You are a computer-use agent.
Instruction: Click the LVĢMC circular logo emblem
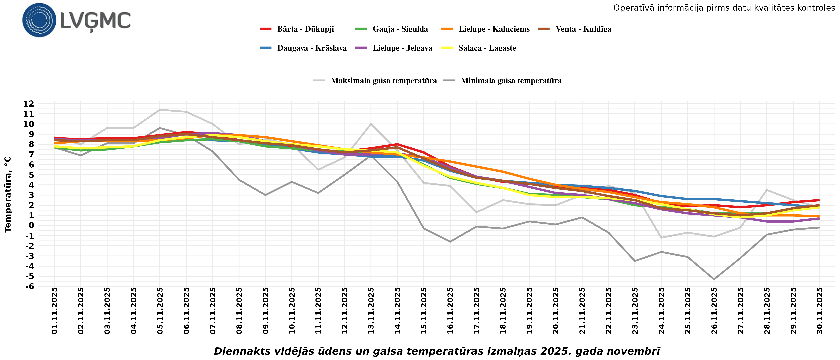[39, 20]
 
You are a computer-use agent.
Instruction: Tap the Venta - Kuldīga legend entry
[583, 29]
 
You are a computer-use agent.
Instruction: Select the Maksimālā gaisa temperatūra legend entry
[383, 81]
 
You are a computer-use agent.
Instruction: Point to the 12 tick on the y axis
[28, 104]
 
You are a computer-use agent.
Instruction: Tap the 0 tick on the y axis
[31, 225]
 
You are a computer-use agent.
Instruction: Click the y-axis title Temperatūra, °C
[8, 195]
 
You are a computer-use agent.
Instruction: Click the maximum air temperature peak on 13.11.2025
[371, 124]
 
